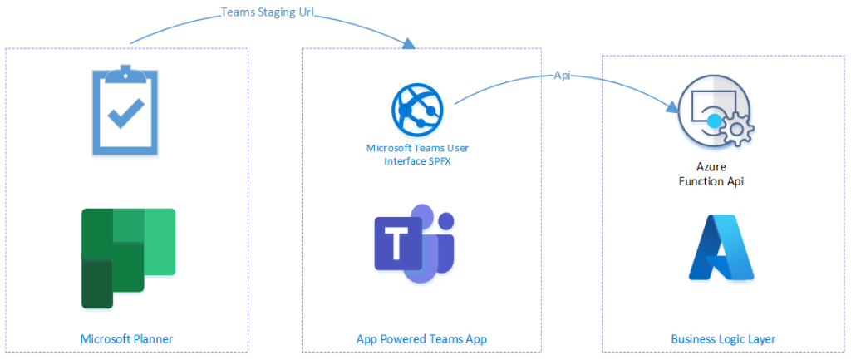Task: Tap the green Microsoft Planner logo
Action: [128, 257]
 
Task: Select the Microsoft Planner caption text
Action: [126, 338]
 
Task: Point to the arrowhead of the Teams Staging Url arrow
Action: [409, 44]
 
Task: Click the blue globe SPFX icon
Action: [417, 109]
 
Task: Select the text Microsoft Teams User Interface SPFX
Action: [416, 154]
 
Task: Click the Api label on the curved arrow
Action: [562, 75]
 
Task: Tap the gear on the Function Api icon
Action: [735, 131]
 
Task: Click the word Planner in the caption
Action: [152, 338]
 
